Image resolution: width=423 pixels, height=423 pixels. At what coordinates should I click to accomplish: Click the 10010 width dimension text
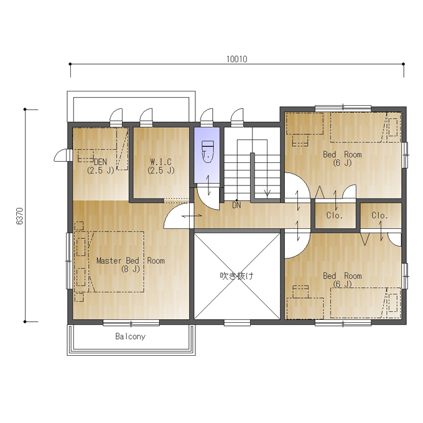236,59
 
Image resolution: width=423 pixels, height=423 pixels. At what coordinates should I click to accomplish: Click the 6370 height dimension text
20,216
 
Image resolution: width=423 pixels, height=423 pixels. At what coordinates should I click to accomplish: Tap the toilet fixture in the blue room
208,151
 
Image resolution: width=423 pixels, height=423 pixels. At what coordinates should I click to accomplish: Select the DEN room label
100,162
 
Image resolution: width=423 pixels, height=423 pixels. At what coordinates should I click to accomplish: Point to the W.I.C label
160,162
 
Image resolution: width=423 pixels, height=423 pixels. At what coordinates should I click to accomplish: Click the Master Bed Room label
131,261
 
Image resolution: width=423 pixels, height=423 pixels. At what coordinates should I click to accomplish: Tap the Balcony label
130,337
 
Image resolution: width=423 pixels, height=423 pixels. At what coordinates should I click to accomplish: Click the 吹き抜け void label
236,276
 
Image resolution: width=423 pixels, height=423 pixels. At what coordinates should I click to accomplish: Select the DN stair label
236,205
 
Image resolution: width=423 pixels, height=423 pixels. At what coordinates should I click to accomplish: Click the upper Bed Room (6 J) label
342,159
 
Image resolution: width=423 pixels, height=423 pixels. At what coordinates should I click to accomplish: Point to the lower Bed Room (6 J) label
342,280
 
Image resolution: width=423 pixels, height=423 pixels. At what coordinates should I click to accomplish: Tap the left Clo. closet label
335,215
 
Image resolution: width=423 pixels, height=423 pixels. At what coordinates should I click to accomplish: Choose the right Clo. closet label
379,215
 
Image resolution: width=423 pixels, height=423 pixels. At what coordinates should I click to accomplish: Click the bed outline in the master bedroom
116,262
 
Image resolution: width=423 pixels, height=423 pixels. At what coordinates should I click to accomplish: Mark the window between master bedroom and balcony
131,323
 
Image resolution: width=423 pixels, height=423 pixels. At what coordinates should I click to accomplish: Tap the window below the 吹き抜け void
237,323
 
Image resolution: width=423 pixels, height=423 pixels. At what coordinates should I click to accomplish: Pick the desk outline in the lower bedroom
305,309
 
